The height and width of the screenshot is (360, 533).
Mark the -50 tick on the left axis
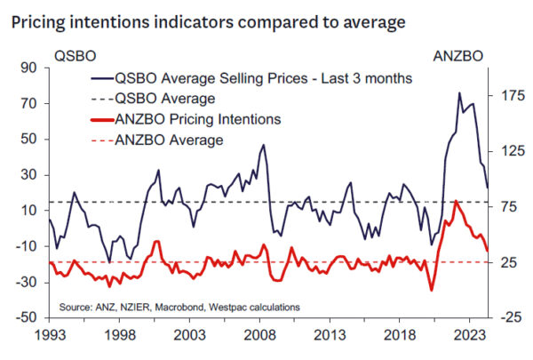[x=29, y=317]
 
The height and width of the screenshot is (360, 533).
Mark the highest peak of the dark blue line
[x=459, y=92]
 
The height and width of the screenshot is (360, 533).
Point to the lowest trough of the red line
[x=431, y=290]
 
